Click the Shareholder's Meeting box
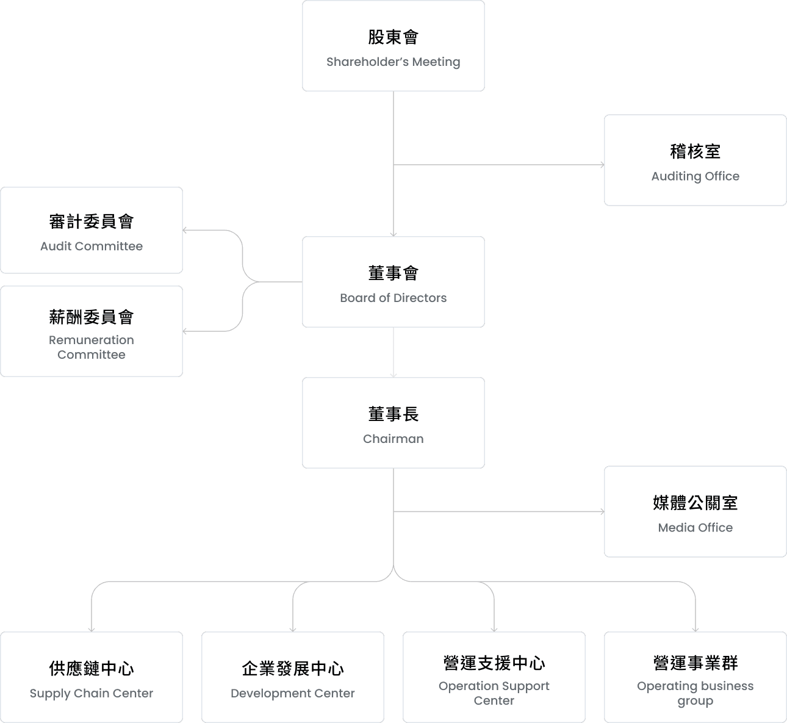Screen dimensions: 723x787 [393, 46]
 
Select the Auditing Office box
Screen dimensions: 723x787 [695, 160]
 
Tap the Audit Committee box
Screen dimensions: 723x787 [92, 230]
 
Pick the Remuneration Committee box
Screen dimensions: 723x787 [92, 331]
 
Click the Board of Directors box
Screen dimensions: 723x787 [393, 282]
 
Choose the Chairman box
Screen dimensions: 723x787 [393, 423]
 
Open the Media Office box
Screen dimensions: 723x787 [695, 511]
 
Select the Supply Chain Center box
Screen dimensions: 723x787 [92, 677]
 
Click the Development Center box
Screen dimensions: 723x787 [293, 677]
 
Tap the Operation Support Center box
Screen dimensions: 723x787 [494, 677]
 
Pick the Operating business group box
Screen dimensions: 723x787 [695, 677]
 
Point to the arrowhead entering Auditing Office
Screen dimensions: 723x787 [602, 165]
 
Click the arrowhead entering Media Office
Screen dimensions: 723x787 [602, 511]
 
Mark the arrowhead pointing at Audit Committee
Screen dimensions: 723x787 [185, 230]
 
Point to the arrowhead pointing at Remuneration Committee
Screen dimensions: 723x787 [185, 331]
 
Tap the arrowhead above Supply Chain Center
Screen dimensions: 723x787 [92, 629]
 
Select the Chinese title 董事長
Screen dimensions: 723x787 [393, 414]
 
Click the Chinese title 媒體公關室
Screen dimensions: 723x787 [695, 503]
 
